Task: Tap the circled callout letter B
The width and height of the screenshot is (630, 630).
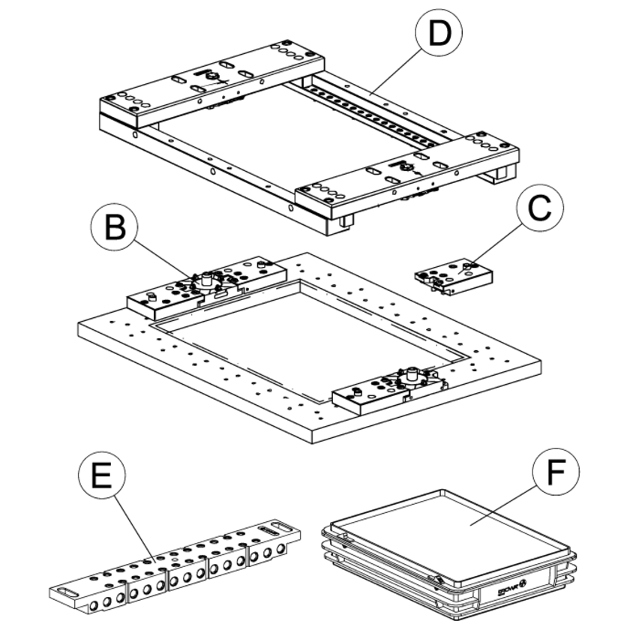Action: coord(114,226)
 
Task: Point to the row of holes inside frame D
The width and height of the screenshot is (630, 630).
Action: coord(375,105)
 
